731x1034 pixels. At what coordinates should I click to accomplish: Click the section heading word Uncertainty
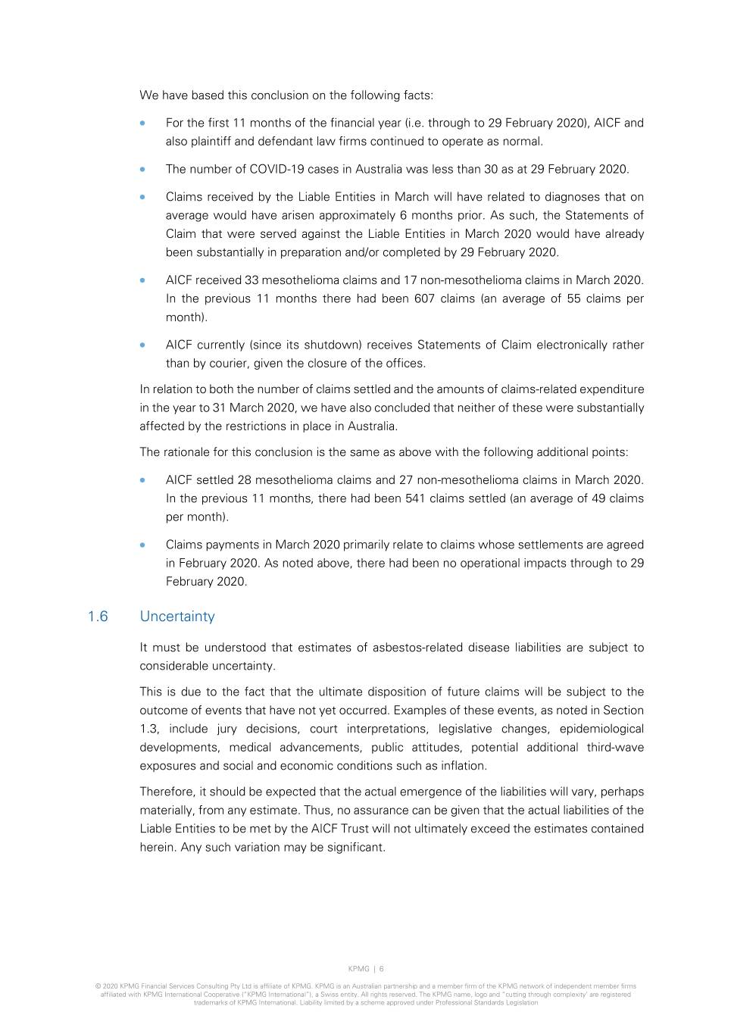[177, 617]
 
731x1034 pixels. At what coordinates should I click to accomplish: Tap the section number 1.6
[98, 617]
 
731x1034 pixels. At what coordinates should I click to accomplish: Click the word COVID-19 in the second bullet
[277, 169]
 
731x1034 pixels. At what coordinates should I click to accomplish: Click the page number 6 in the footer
[382, 969]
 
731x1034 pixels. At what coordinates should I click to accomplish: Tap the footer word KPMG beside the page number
[358, 969]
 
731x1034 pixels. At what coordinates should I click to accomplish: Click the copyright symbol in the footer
[98, 986]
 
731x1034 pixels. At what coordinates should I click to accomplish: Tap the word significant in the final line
[356, 847]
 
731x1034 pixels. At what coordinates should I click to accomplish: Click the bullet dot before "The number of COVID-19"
[142, 169]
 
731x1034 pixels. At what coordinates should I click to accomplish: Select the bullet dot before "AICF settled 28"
[142, 480]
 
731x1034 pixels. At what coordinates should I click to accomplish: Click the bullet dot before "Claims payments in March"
[142, 545]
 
